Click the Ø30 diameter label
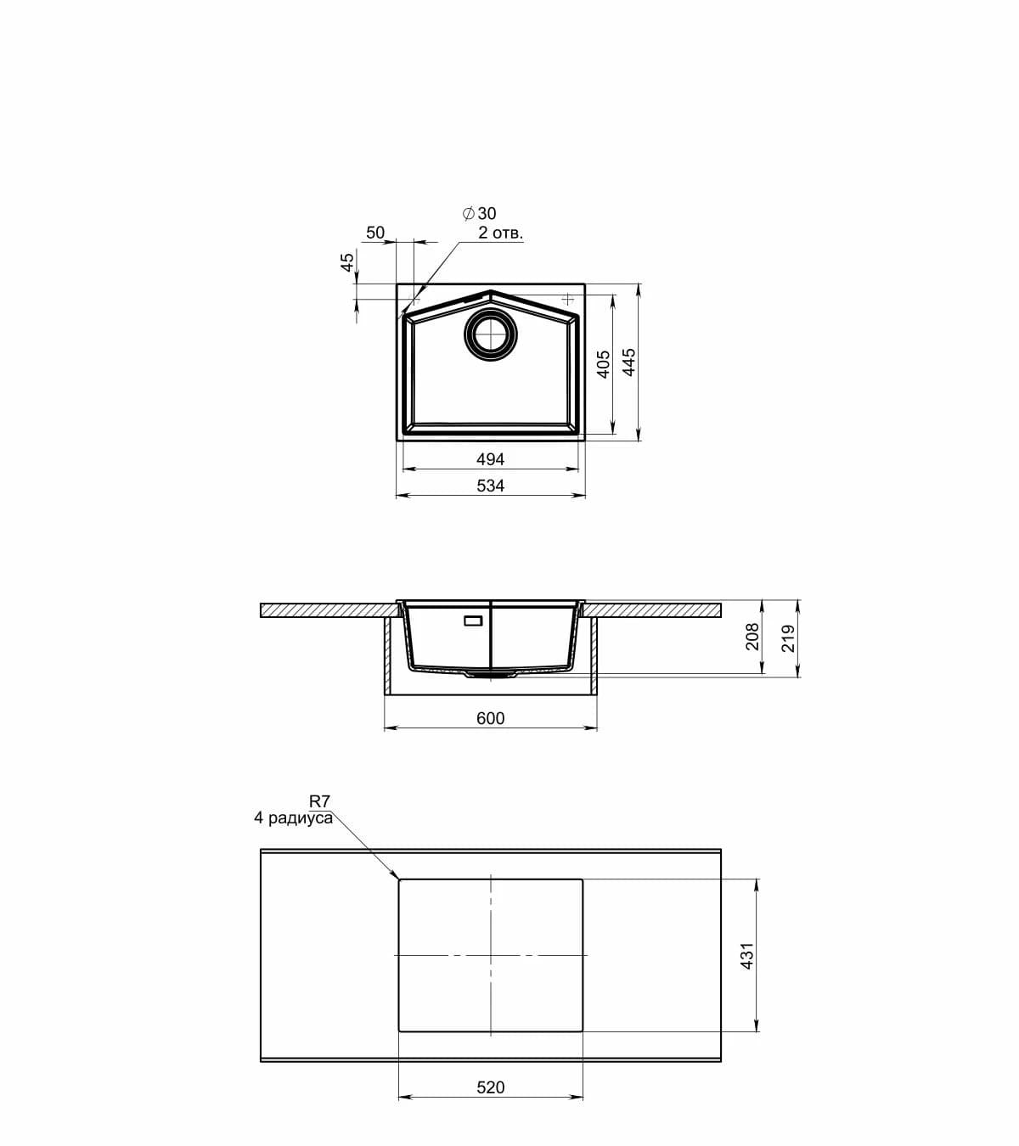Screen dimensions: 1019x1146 pos(479,213)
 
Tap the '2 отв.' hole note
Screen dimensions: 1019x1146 pos(501,233)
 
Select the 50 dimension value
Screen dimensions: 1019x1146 pos(375,233)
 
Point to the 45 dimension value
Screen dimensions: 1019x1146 pos(346,262)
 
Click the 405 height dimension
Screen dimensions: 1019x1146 pos(604,364)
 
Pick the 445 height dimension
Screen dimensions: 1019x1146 pos(628,362)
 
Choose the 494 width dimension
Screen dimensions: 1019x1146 pos(490,458)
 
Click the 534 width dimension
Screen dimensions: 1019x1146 pos(490,486)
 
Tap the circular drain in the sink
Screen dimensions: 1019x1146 pos(491,334)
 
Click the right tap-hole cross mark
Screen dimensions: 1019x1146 pos(567,299)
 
